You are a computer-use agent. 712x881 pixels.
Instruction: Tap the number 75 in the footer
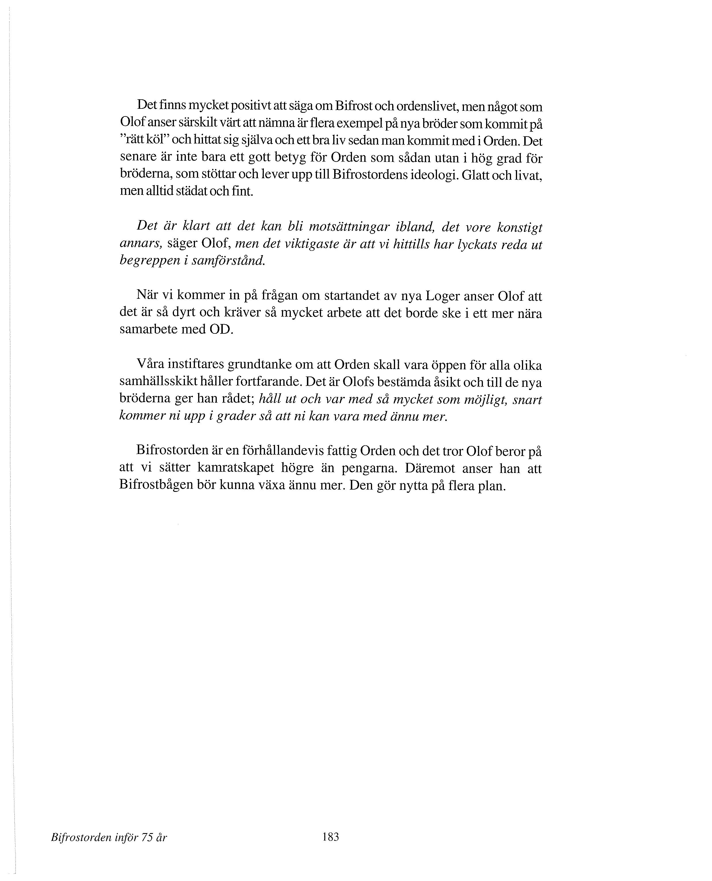coord(146,838)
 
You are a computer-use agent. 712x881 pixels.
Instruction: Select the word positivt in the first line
coord(251,106)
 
